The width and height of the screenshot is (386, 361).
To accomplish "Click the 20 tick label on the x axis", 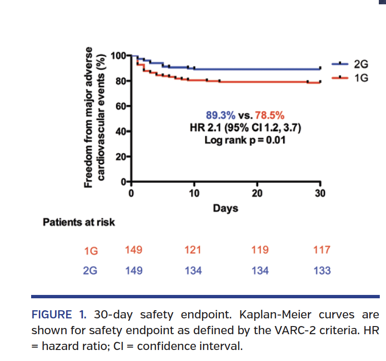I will pyautogui.click(x=257, y=193).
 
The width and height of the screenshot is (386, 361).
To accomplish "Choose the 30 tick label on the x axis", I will pyautogui.click(x=320, y=193).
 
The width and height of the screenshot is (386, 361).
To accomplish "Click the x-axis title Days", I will pyautogui.click(x=225, y=209).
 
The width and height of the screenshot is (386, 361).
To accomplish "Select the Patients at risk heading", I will pyautogui.click(x=79, y=223).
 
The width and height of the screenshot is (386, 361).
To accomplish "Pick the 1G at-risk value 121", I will pyautogui.click(x=193, y=250).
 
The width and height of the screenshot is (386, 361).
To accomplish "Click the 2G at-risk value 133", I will pyautogui.click(x=322, y=271).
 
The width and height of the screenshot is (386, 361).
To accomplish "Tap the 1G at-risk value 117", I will pyautogui.click(x=322, y=250).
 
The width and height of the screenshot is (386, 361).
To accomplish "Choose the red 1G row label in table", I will pyautogui.click(x=91, y=251).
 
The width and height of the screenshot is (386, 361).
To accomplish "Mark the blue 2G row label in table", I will pyautogui.click(x=91, y=271).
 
